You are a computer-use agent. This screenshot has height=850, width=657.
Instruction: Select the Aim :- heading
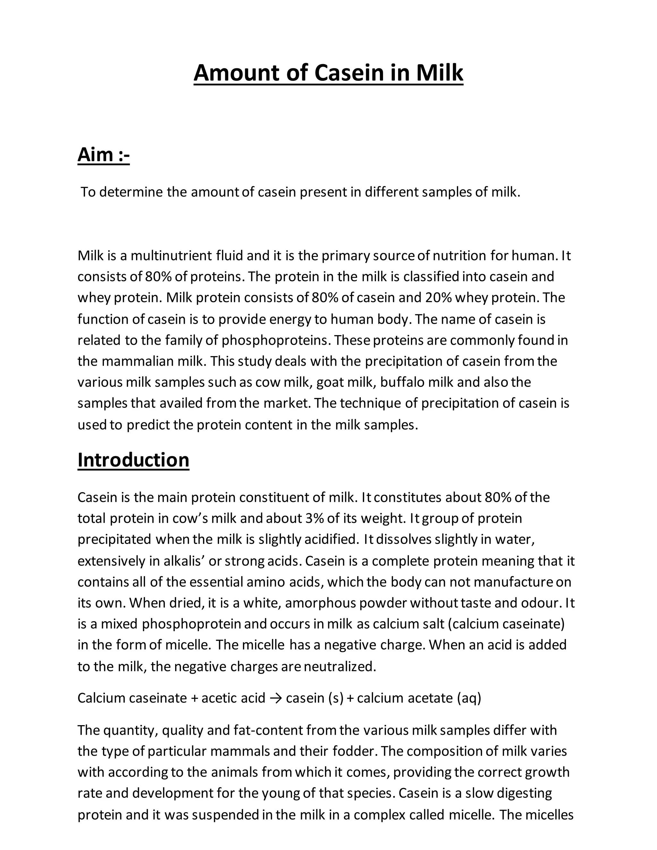(104, 155)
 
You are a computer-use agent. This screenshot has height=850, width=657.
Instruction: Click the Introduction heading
(133, 460)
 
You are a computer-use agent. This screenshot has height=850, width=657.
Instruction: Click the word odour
(541, 603)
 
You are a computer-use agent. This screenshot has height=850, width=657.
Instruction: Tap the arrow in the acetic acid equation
(276, 698)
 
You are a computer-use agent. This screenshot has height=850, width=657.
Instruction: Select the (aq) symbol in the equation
(469, 698)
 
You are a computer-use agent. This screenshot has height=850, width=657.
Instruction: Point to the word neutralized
(340, 667)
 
